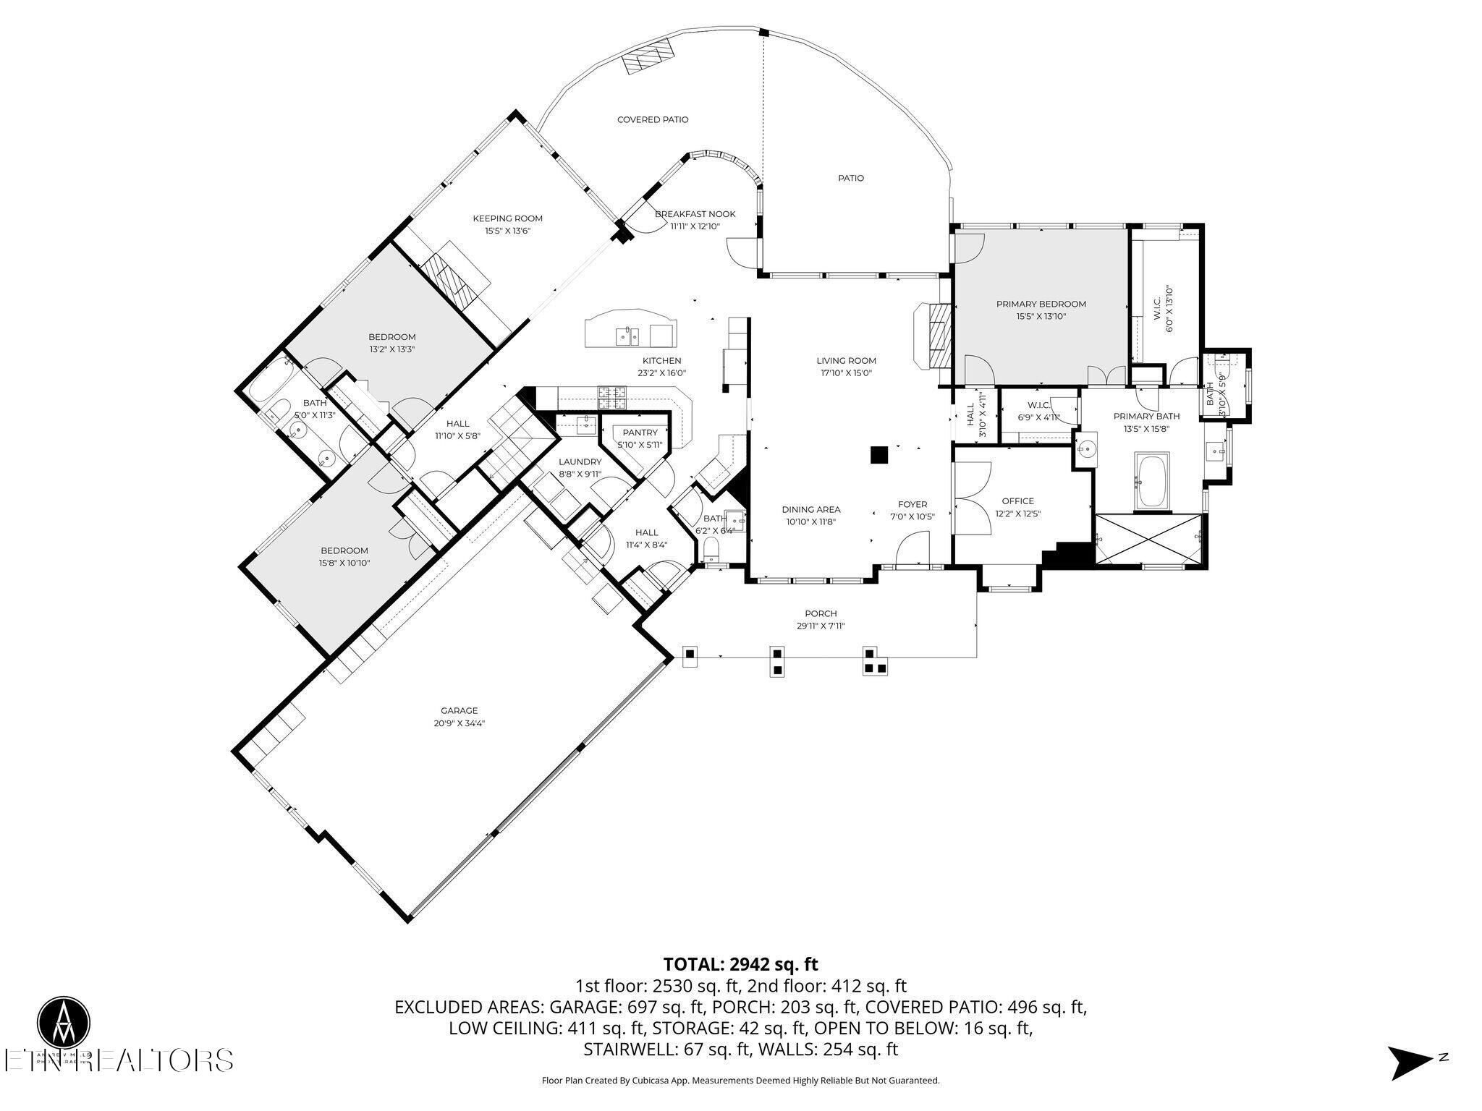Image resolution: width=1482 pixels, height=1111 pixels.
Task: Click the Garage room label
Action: [x=459, y=710]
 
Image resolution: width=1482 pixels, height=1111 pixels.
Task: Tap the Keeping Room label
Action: [x=507, y=218]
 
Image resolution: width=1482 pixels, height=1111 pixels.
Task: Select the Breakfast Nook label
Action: [x=695, y=214]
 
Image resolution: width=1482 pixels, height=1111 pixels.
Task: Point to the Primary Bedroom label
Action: [x=1041, y=304]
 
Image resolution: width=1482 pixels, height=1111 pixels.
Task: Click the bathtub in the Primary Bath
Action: [x=1152, y=481]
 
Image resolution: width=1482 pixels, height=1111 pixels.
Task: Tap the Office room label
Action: [x=1017, y=501]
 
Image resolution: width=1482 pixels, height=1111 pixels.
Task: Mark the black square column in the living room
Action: [x=878, y=454]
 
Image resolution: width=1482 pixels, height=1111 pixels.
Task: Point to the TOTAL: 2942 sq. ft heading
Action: [x=740, y=964]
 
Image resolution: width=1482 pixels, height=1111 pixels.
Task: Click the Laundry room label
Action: [x=580, y=461]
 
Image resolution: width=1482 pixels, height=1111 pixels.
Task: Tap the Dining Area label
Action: [x=810, y=509]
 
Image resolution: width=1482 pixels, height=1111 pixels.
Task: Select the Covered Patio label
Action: [x=652, y=119]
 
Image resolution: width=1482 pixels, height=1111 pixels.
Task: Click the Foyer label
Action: [x=912, y=504]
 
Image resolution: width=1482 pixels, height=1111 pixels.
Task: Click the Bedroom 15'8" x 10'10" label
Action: [x=344, y=550]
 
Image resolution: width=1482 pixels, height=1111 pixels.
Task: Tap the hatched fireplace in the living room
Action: [x=938, y=335]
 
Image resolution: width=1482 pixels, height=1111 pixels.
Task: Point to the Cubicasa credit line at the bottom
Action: [x=740, y=1081]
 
